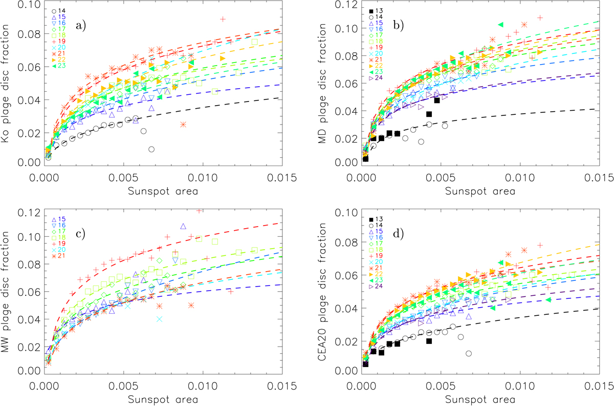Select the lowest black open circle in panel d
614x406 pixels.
pos(469,353)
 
